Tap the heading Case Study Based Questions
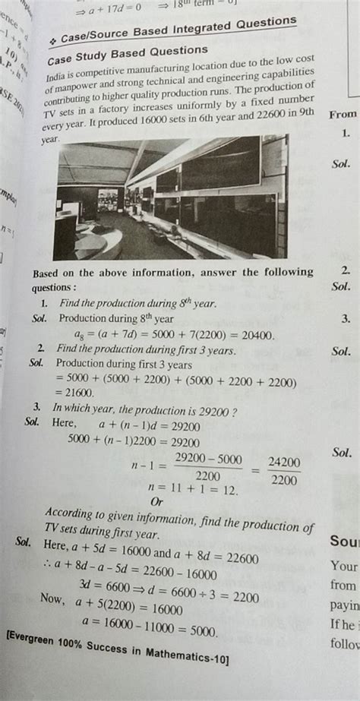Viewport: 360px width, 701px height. pos(127,55)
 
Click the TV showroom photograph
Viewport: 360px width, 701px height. pos(170,196)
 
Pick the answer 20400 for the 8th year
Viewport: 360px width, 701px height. pos(254,335)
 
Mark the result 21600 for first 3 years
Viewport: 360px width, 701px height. pos(76,392)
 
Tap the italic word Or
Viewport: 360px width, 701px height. pos(158,502)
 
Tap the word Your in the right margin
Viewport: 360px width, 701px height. pos(344,566)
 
